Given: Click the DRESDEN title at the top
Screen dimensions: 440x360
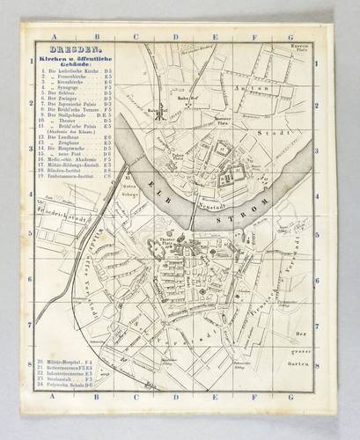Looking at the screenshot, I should coord(63,50).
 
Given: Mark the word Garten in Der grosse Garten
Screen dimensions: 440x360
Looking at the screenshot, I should coord(305,350).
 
